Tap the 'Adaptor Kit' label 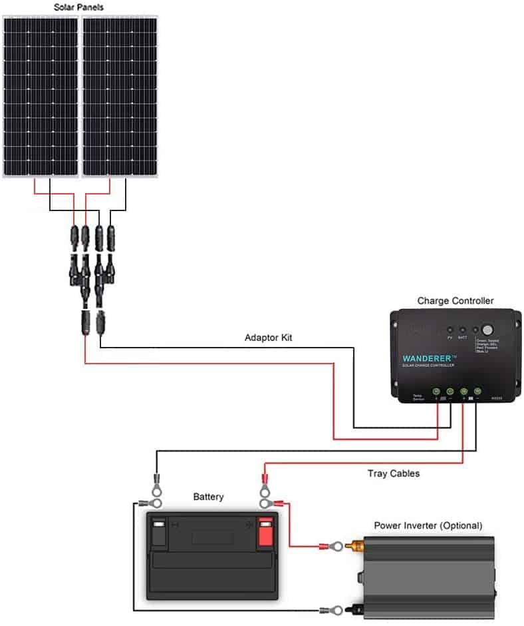point(268,338)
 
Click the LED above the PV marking point(450,330)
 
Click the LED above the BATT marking point(462,330)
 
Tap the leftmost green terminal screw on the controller point(436,392)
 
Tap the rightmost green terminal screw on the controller point(477,392)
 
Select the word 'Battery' point(208,497)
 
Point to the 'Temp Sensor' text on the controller point(417,397)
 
